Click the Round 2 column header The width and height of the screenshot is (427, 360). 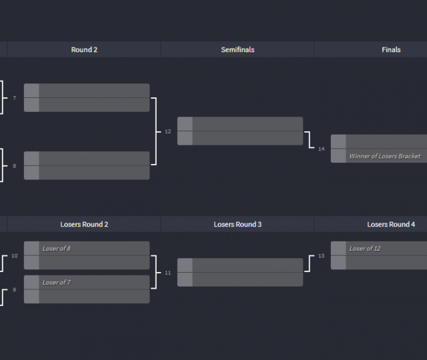pos(84,49)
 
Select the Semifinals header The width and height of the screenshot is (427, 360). pos(238,49)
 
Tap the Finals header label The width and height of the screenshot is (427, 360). pos(391,49)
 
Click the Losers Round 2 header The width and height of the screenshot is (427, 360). pos(84,224)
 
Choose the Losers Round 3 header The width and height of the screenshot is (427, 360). pos(238,224)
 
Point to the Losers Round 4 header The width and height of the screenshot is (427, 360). pos(391,224)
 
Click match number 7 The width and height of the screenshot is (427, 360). pos(14,98)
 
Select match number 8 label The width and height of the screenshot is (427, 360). pos(14,165)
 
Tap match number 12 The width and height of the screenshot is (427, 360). pos(168,131)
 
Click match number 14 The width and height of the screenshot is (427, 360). pos(322,149)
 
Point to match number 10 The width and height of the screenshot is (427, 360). pos(15,256)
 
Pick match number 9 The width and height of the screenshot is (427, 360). pos(14,290)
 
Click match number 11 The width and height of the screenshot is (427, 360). pos(168,273)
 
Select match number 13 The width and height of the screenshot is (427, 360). pos(322,256)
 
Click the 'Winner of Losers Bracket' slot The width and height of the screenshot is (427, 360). pos(385,156)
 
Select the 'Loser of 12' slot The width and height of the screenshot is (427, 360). pos(385,249)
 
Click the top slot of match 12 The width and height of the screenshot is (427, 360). pos(247,124)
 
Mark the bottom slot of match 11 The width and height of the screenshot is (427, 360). pos(247,279)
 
